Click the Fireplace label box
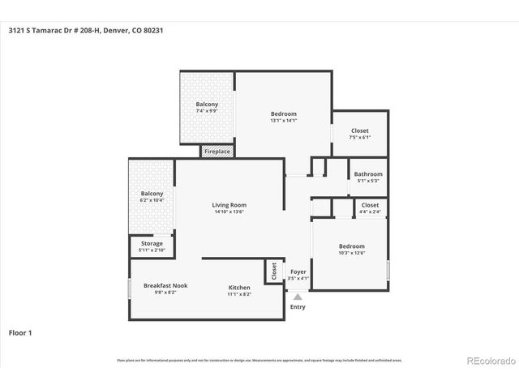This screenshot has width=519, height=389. tap(217, 152)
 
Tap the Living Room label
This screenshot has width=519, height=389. tap(229, 206)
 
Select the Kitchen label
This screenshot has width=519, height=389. tap(239, 288)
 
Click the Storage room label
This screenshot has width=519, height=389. tap(152, 244)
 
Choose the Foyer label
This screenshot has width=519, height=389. tap(298, 272)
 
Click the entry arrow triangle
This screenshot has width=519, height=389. tap(298, 297)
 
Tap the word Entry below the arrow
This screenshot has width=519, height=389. tap(298, 307)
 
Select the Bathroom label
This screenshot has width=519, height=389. tap(368, 174)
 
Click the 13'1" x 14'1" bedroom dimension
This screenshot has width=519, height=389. tap(284, 121)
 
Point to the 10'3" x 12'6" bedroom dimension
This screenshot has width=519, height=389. tap(351, 253)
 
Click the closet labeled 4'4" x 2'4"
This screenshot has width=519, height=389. tap(370, 208)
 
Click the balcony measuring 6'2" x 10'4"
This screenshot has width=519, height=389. tap(152, 197)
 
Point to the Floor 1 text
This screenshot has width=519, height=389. tap(20, 332)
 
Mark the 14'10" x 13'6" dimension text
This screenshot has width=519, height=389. tap(229, 212)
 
